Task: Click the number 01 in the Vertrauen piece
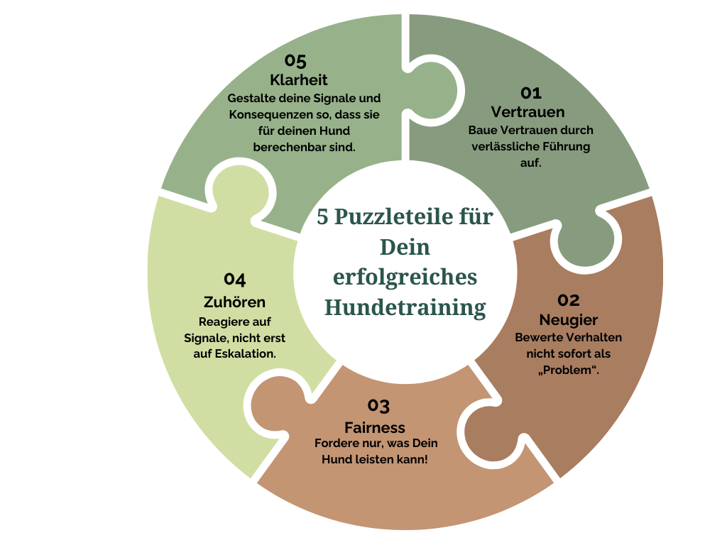tap(531, 93)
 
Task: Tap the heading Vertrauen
tap(528, 112)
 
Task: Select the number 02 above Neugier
tap(568, 300)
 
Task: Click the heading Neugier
tap(568, 319)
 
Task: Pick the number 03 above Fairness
tap(378, 406)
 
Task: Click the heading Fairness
tap(375, 427)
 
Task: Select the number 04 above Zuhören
tap(235, 279)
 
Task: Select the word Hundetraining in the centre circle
tap(405, 307)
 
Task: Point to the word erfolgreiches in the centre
tap(405, 277)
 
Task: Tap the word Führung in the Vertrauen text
tap(566, 146)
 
